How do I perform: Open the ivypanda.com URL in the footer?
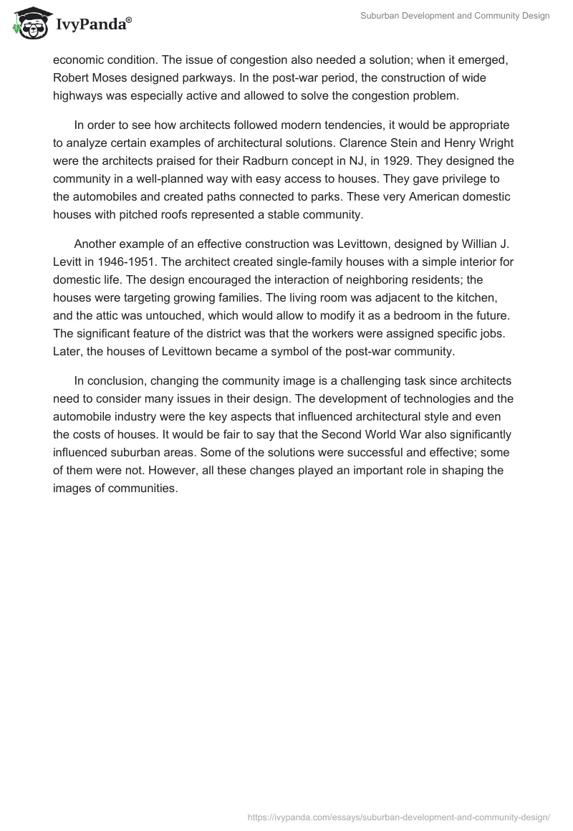click(x=398, y=817)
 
